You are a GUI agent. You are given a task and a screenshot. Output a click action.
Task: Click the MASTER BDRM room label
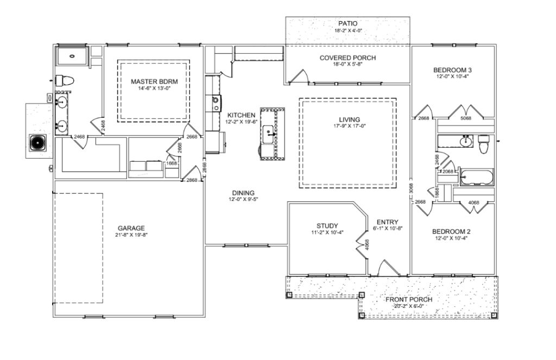click(x=154, y=81)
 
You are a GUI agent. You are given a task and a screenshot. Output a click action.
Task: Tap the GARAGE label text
click(x=131, y=228)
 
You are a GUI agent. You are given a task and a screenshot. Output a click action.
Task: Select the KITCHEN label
click(x=241, y=115)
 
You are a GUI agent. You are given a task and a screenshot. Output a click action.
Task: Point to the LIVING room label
click(x=349, y=120)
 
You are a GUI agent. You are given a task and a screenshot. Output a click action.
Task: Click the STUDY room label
click(x=327, y=226)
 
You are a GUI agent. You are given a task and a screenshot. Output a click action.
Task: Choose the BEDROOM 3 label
click(x=452, y=70)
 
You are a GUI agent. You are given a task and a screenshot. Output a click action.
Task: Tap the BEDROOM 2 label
click(x=451, y=232)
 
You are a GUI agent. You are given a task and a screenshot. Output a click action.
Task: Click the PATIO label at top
click(x=348, y=24)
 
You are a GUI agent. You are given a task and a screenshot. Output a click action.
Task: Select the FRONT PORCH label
click(x=409, y=299)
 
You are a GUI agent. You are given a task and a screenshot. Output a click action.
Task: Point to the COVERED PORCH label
click(x=347, y=58)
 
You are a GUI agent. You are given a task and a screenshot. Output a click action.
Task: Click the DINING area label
click(x=243, y=193)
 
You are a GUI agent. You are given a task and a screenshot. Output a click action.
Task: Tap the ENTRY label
click(x=387, y=222)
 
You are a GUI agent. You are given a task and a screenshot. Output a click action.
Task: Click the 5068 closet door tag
click(x=465, y=118)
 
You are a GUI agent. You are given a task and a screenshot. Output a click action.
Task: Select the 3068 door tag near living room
click(x=411, y=188)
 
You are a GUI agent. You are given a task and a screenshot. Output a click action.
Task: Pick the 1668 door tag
click(x=172, y=163)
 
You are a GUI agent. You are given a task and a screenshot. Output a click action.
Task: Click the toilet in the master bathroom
click(x=64, y=80)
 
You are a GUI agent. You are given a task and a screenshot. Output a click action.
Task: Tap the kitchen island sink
click(x=268, y=135)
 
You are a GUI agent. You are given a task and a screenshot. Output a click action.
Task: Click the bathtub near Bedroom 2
click(x=477, y=178)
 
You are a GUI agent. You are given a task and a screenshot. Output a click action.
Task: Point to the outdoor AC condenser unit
click(x=37, y=143)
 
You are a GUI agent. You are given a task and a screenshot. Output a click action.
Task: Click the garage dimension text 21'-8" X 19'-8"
click(x=131, y=235)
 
